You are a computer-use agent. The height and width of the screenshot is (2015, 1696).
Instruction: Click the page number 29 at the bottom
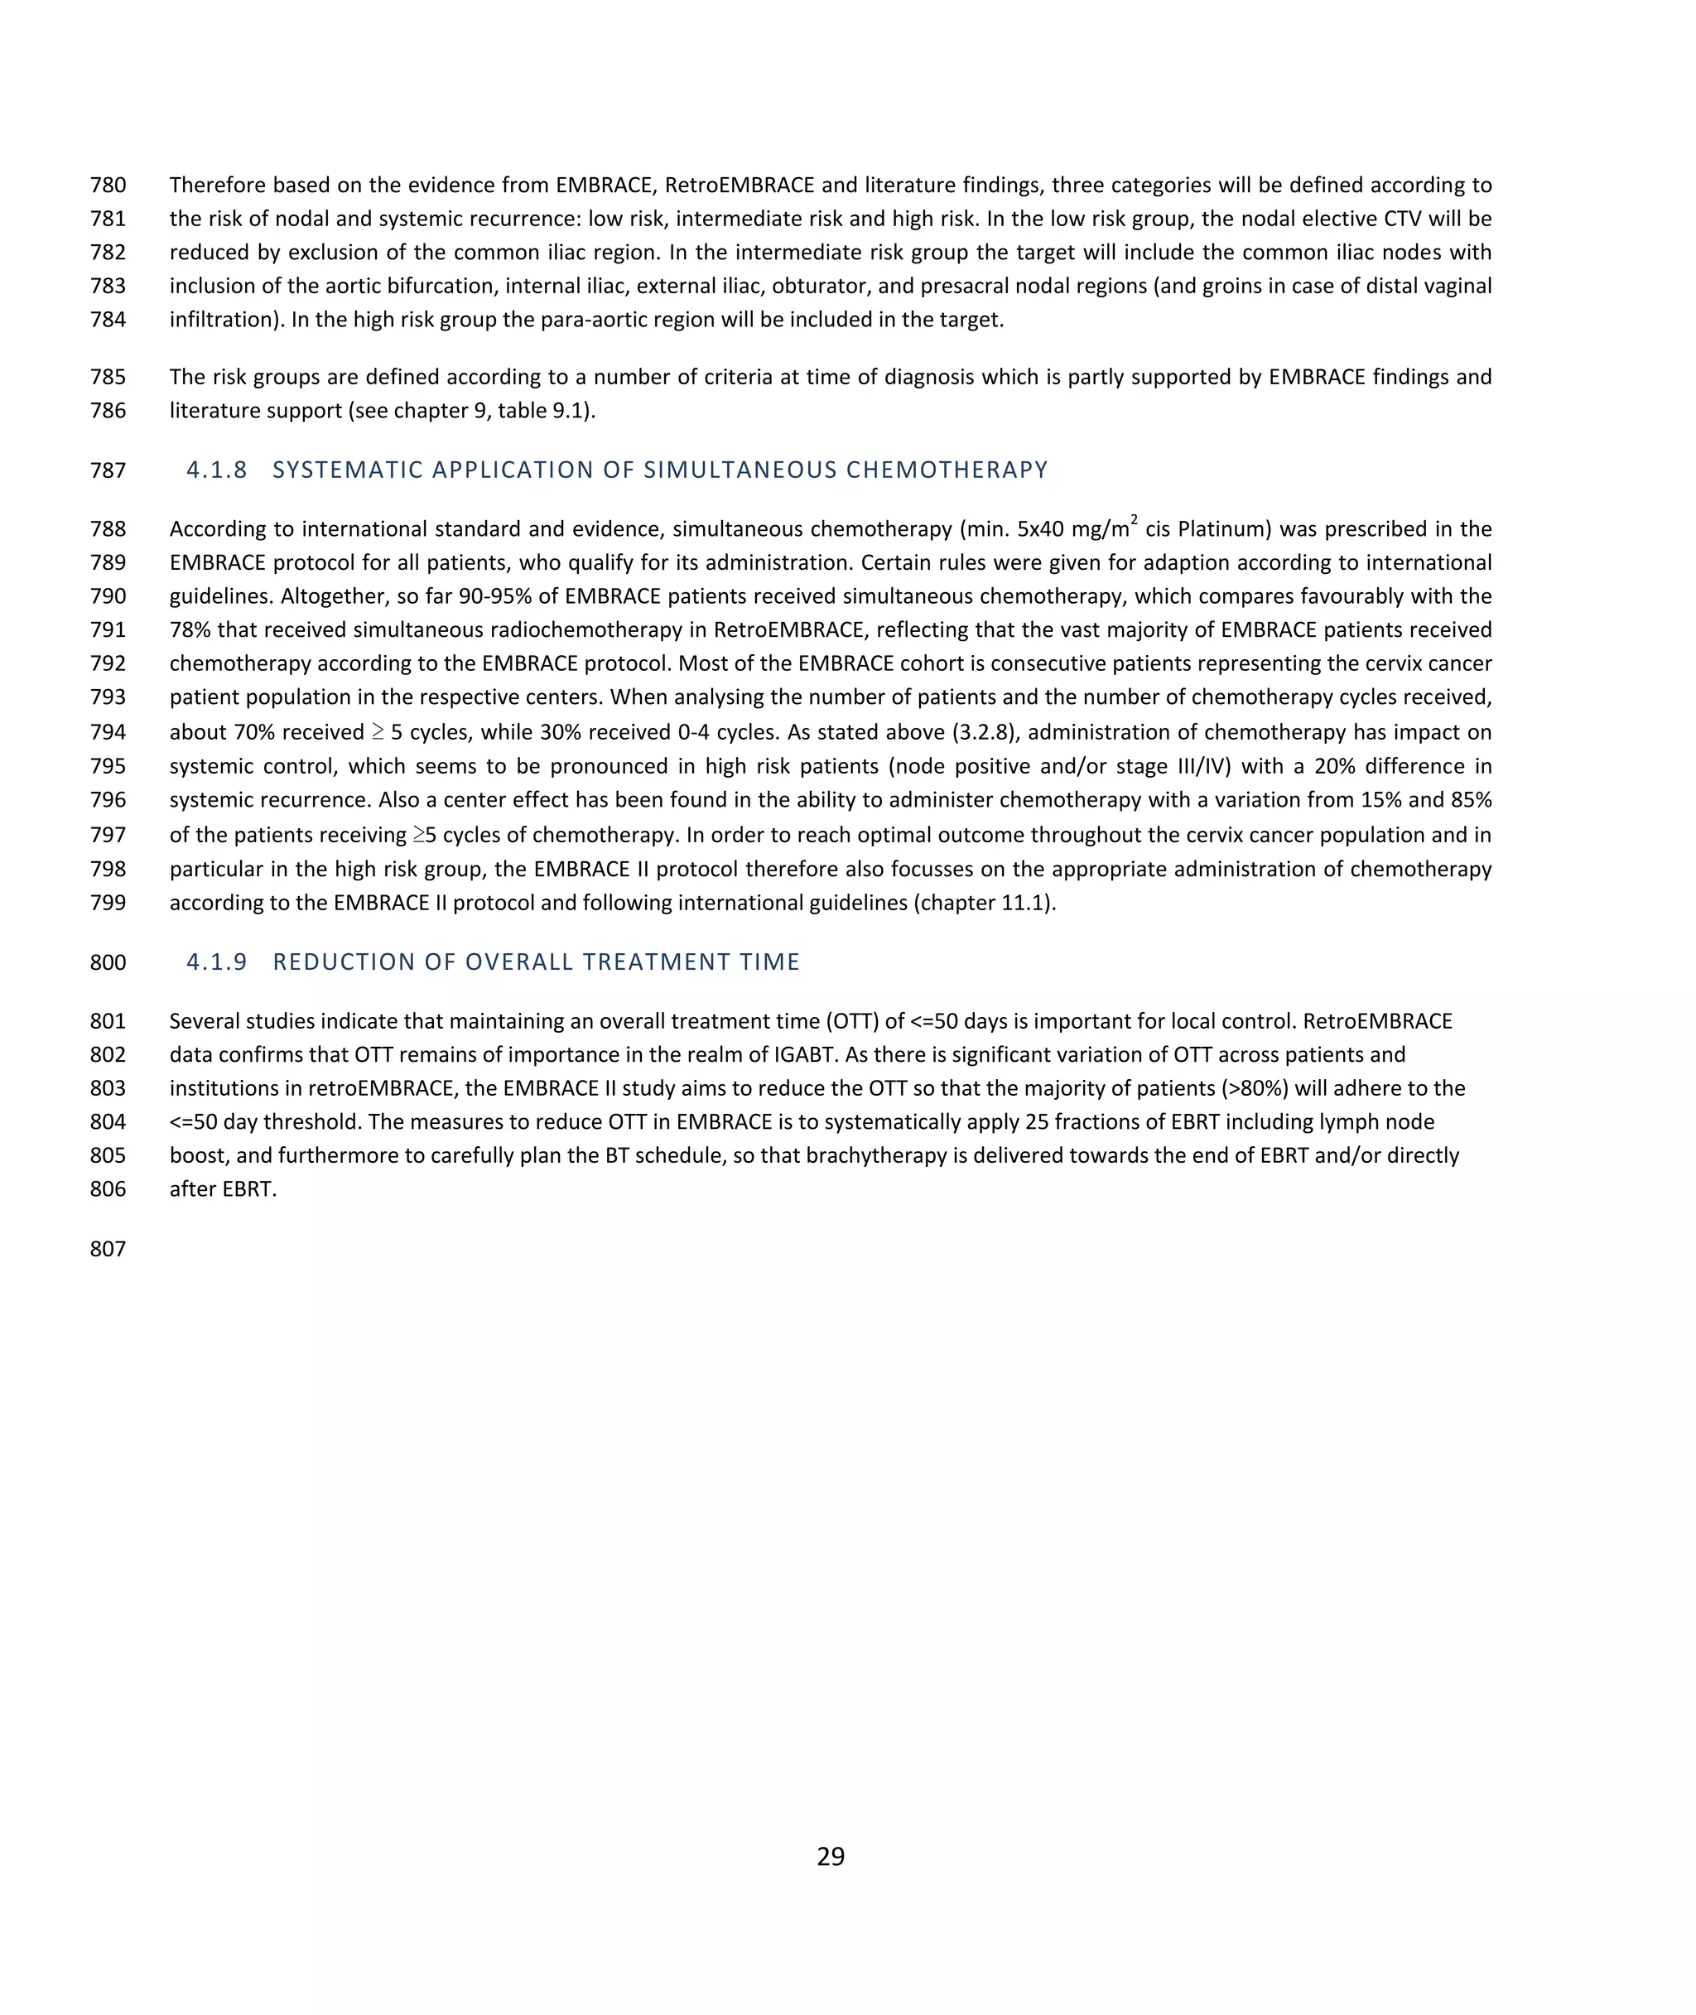click(x=831, y=1856)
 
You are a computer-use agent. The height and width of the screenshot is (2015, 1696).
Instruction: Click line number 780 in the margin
click(x=108, y=186)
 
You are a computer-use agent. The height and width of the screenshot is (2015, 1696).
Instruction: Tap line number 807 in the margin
click(x=108, y=1249)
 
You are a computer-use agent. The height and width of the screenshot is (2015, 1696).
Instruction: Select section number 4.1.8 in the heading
click(x=216, y=470)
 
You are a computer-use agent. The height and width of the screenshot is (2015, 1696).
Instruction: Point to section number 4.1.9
click(x=216, y=962)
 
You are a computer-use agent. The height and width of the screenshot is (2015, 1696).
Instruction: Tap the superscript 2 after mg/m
click(x=1134, y=521)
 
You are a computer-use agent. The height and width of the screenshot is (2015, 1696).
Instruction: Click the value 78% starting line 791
click(x=190, y=629)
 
